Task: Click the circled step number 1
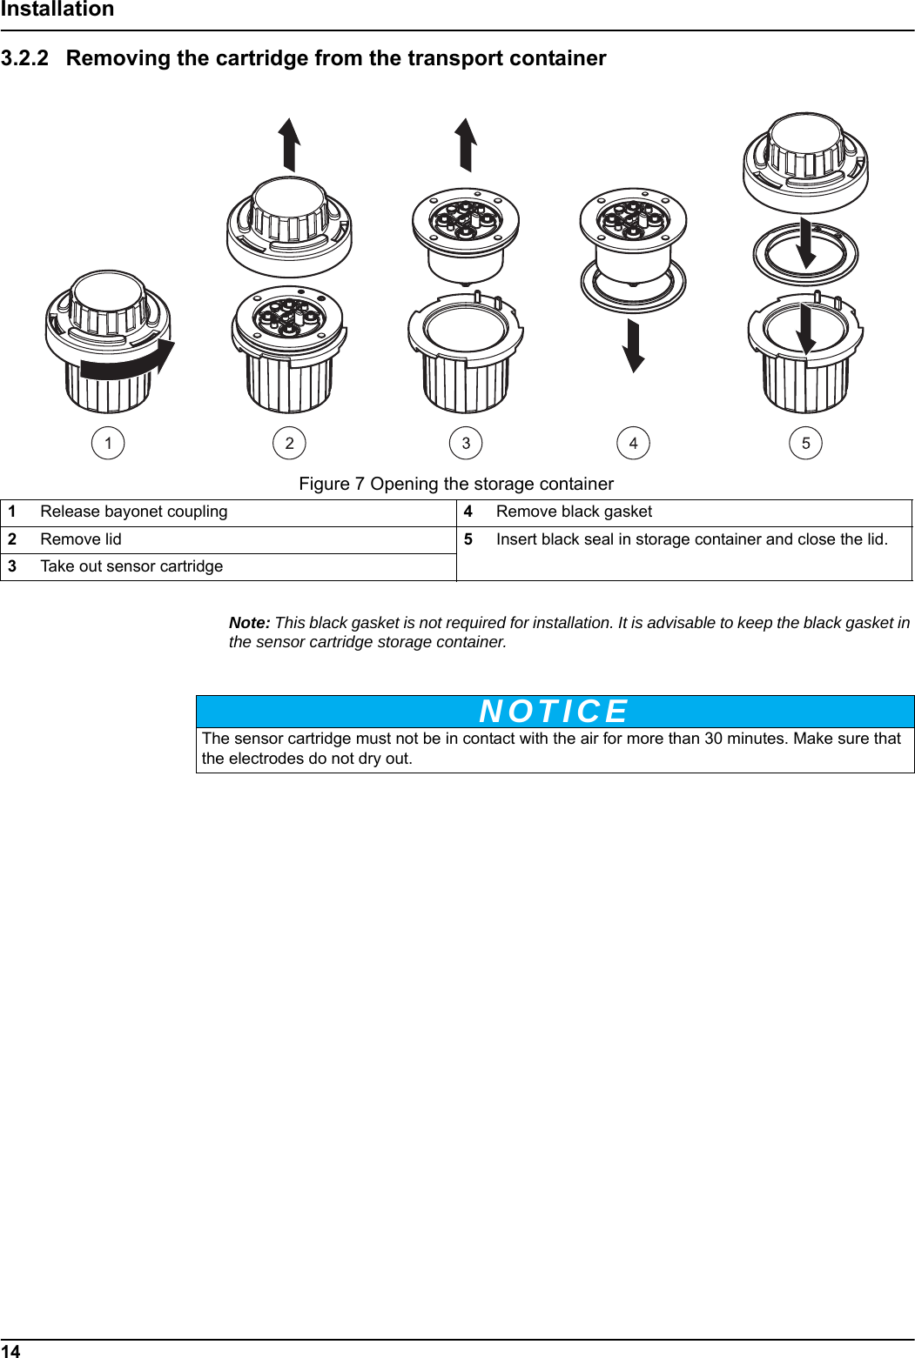click(108, 443)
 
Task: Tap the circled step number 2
click(289, 443)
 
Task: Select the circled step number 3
click(466, 443)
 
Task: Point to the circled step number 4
click(633, 443)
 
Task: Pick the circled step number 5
click(805, 443)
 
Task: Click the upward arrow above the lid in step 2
click(290, 144)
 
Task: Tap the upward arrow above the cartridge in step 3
click(467, 144)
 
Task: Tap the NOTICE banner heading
click(555, 712)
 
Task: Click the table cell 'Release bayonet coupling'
click(133, 512)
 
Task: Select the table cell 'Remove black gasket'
click(574, 512)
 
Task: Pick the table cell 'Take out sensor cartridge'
click(131, 566)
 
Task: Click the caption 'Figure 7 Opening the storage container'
click(456, 484)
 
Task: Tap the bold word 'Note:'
click(249, 623)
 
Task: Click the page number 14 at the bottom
click(10, 1350)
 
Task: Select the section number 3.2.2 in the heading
click(24, 58)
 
